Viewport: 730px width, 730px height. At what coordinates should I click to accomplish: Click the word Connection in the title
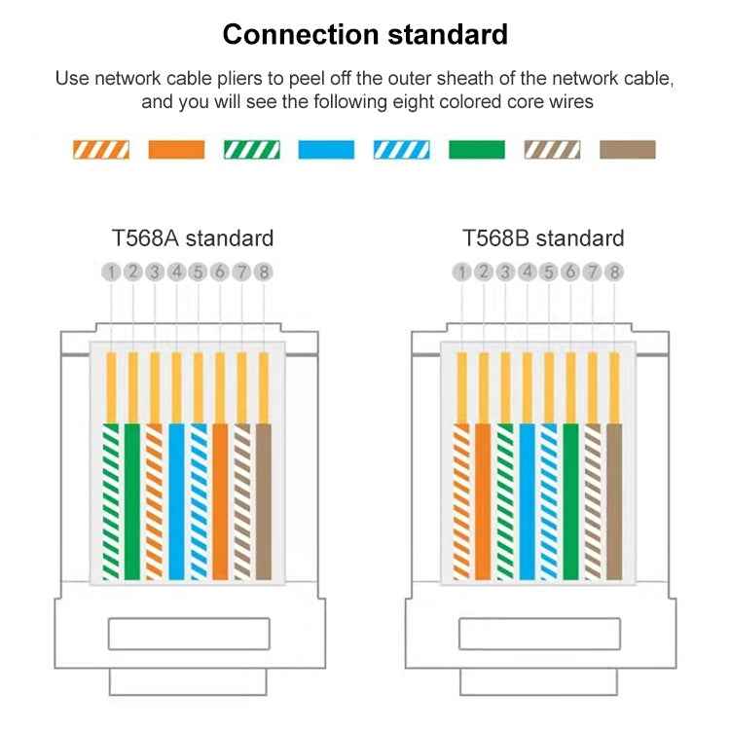pyautogui.click(x=301, y=34)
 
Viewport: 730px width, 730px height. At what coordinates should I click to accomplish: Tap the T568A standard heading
pyautogui.click(x=193, y=238)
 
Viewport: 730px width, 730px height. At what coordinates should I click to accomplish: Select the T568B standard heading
pyautogui.click(x=543, y=238)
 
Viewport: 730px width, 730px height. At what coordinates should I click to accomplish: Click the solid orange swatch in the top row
pyautogui.click(x=176, y=150)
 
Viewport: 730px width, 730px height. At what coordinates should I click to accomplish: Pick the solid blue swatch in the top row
pyautogui.click(x=326, y=150)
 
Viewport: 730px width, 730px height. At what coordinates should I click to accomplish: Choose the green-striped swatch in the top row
pyautogui.click(x=252, y=150)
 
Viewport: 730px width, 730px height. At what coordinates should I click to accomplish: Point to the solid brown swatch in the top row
pyautogui.click(x=628, y=150)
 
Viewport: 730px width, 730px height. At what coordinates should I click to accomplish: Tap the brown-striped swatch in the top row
pyautogui.click(x=552, y=150)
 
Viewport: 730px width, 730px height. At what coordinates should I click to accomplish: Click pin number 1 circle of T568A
pyautogui.click(x=111, y=272)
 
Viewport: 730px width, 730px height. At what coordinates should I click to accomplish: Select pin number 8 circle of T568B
pyautogui.click(x=614, y=272)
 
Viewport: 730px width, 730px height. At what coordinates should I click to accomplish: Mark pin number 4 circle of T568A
pyautogui.click(x=176, y=272)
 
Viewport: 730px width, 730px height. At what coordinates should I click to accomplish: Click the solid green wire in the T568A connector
pyautogui.click(x=132, y=502)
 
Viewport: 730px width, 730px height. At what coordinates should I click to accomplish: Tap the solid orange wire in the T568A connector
pyautogui.click(x=220, y=502)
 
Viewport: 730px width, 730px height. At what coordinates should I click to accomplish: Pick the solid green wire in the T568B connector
pyautogui.click(x=570, y=502)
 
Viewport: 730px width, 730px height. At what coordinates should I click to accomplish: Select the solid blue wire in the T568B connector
pyautogui.click(x=527, y=502)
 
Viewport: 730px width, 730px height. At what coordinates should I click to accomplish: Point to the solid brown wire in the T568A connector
pyautogui.click(x=264, y=502)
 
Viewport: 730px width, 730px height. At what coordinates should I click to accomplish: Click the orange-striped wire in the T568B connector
pyautogui.click(x=461, y=502)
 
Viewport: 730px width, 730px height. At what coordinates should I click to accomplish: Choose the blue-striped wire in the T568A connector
pyautogui.click(x=199, y=502)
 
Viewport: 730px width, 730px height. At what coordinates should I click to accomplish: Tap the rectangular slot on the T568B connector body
pyautogui.click(x=539, y=634)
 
